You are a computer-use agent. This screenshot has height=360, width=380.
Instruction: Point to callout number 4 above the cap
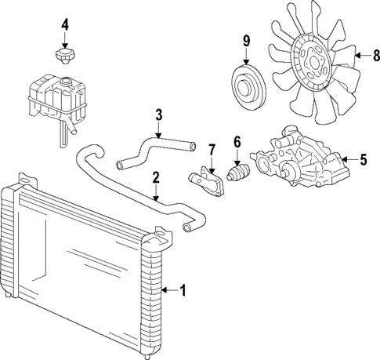click(x=64, y=25)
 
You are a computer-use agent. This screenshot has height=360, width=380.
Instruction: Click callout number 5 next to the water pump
click(x=363, y=161)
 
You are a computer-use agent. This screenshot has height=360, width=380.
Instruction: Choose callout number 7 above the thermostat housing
click(x=212, y=149)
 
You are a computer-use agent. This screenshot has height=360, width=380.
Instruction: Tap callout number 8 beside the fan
click(x=375, y=56)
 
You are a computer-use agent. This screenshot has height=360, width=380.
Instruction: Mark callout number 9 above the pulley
click(x=246, y=40)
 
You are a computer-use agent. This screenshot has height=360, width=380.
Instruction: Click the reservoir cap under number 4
click(x=64, y=56)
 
